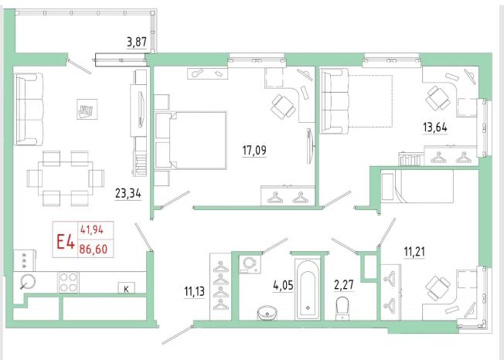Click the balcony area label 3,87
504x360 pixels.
[137, 42]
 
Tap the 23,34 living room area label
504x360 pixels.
[128, 194]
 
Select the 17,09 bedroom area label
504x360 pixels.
[254, 150]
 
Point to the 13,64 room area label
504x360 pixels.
[435, 127]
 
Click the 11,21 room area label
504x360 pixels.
[414, 251]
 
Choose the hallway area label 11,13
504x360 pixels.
[195, 291]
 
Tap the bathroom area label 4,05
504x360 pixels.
[283, 285]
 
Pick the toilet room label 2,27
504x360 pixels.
[344, 285]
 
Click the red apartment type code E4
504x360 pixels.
[66, 242]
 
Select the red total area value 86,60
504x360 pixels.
[94, 249]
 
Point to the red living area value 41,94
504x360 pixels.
[92, 230]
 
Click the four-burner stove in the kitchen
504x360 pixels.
[68, 282]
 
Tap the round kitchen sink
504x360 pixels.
[28, 282]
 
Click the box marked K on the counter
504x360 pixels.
[126, 288]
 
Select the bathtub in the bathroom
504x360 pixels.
[308, 290]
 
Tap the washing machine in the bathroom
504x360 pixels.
[250, 265]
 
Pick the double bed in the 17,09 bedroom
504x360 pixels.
[191, 140]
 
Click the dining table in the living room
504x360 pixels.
[66, 178]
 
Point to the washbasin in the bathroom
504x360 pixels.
[267, 313]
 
